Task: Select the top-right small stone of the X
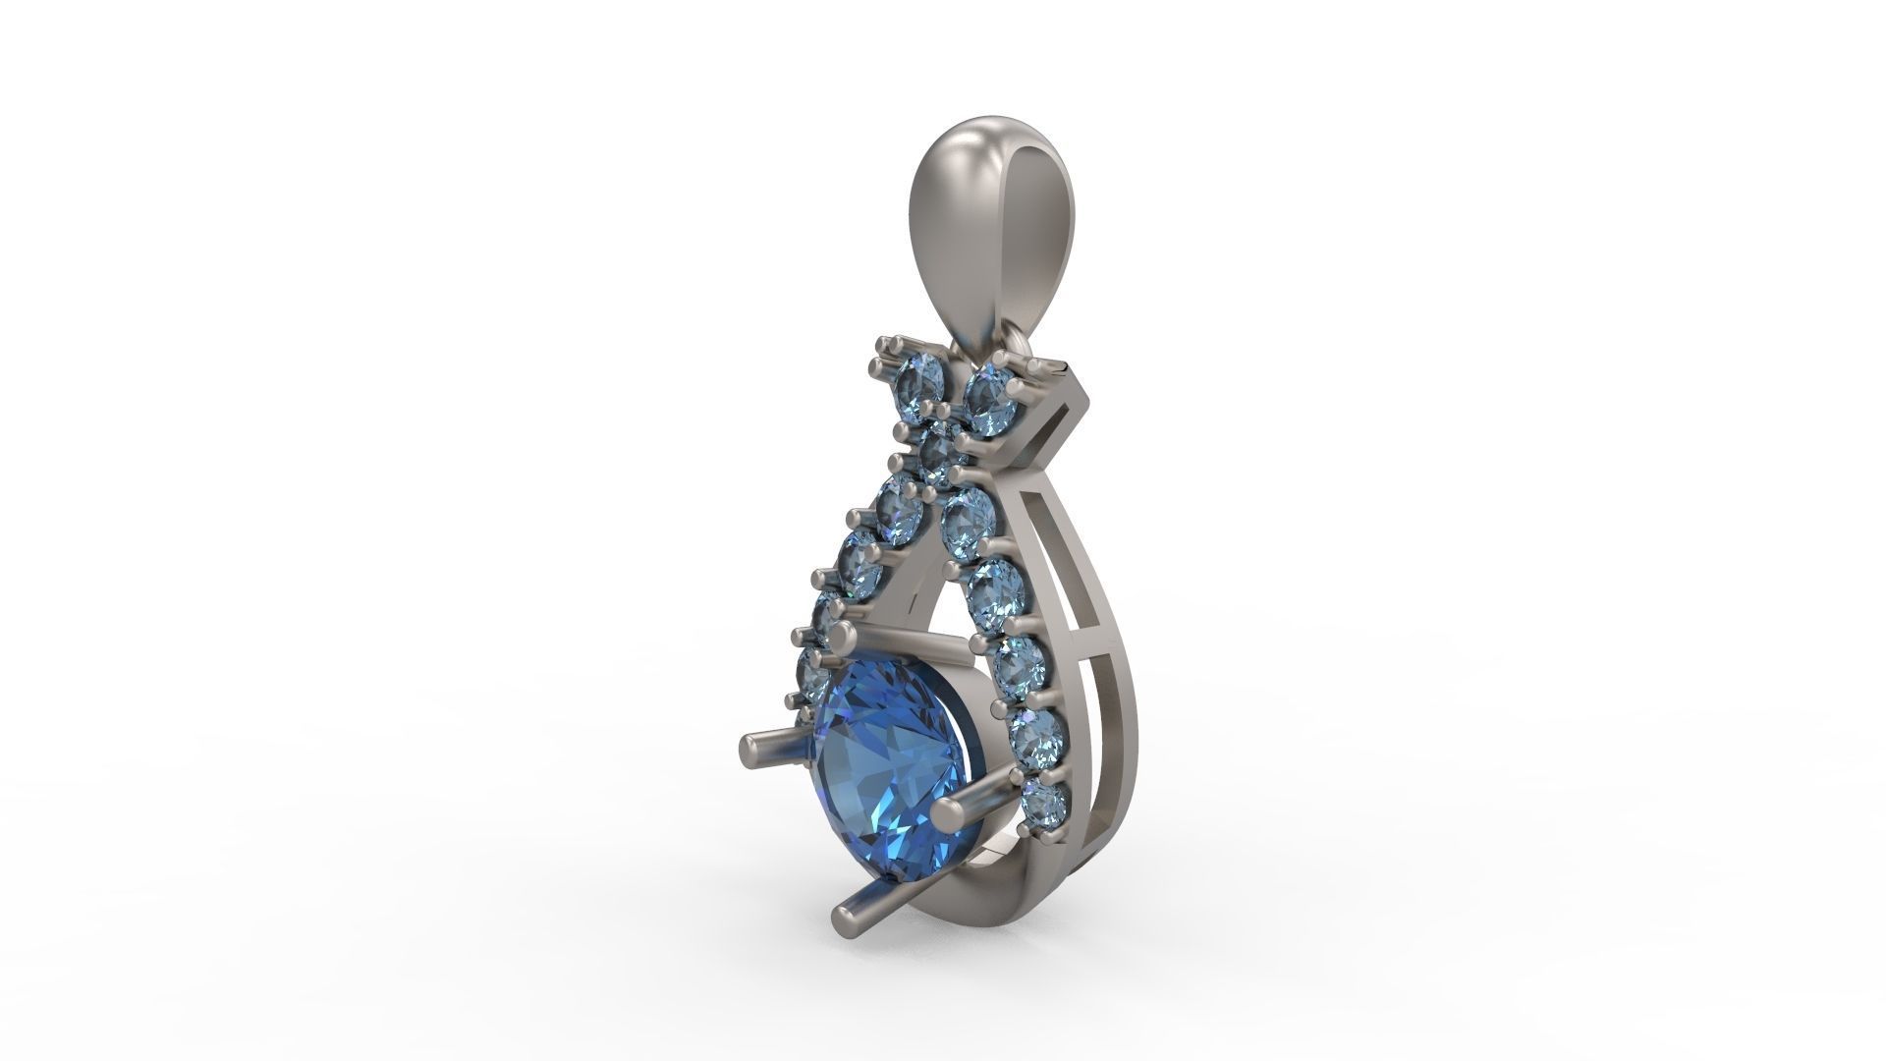[990, 387]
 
